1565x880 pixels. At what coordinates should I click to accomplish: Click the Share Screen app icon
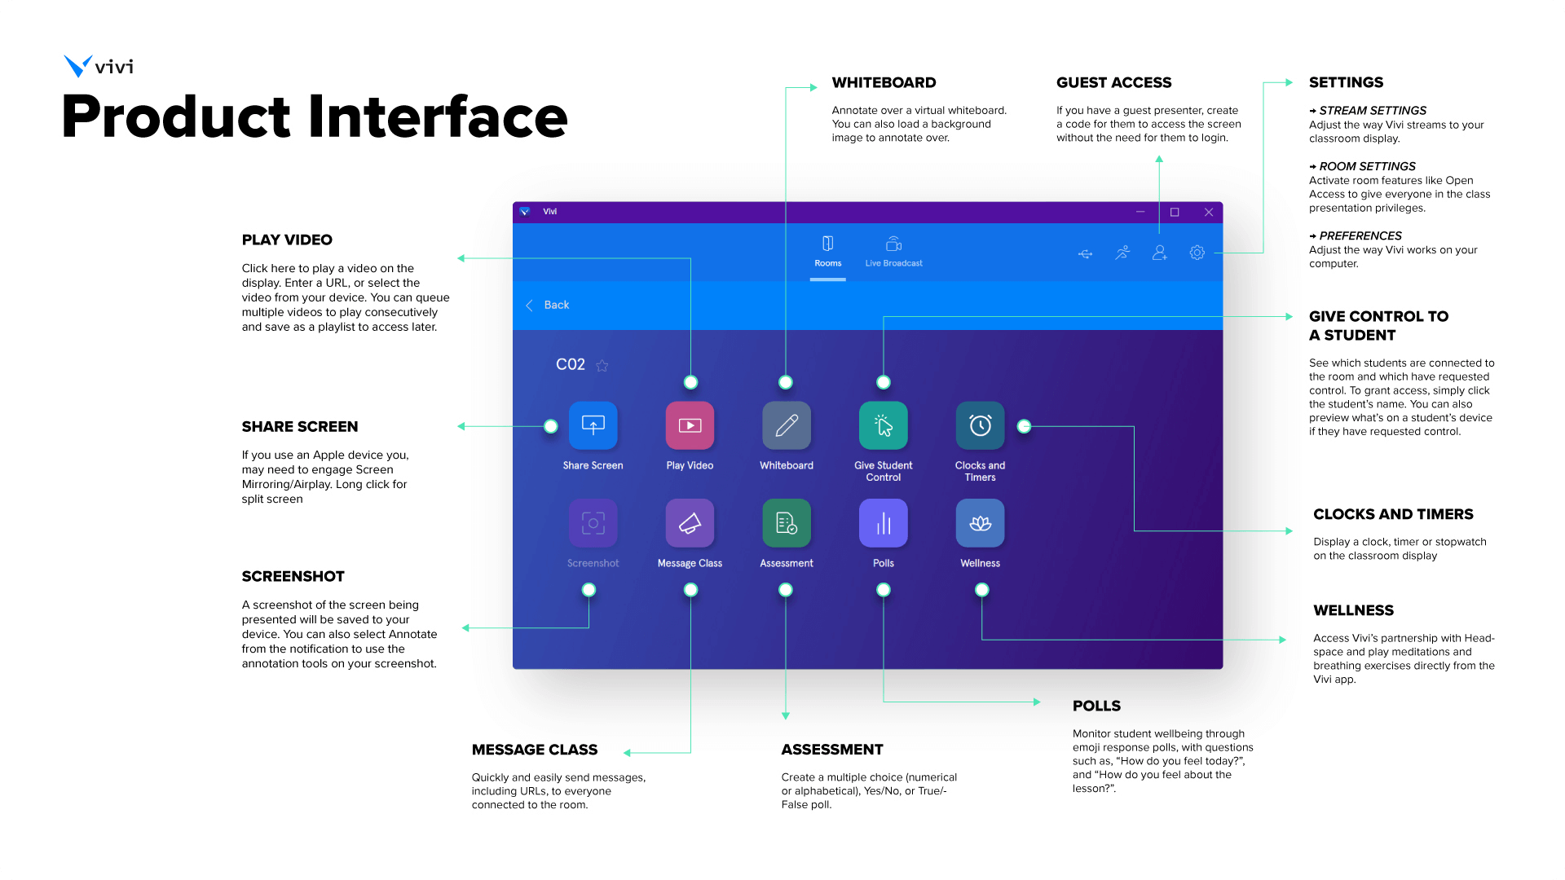593,425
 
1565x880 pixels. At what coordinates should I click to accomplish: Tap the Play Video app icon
690,425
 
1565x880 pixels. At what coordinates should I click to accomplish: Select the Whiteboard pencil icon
787,425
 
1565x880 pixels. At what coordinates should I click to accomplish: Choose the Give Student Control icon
883,425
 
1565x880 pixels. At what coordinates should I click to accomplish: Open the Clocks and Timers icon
980,425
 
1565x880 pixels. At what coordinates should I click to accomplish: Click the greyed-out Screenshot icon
593,523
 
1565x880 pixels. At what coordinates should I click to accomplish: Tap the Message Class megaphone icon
690,523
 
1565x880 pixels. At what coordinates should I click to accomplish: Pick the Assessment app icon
787,523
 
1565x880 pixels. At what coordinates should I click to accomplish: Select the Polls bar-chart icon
883,523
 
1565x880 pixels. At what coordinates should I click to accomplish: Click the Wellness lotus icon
980,523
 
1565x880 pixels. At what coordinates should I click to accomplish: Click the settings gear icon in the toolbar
1197,253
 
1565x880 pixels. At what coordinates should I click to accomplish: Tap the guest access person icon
1159,253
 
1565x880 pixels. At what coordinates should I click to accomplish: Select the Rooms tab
827,251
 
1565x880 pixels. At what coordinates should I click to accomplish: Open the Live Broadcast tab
893,251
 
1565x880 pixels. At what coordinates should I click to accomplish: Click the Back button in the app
548,305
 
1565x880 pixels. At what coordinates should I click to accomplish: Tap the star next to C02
602,366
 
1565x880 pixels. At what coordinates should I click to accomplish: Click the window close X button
1209,212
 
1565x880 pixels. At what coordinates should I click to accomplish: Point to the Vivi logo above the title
99,66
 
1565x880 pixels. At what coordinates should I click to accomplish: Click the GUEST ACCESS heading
1113,82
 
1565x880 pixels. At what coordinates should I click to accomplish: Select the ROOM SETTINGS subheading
1367,166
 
